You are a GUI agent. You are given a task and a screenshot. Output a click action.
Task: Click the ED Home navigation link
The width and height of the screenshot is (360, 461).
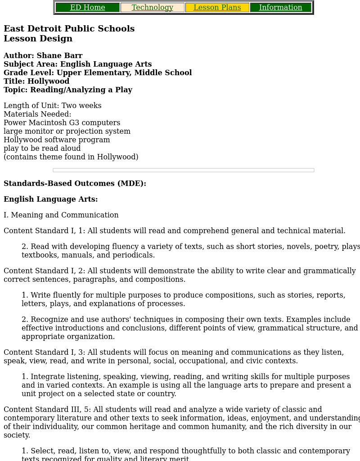pos(87,8)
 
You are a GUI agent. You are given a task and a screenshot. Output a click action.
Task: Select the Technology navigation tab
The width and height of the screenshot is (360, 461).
pos(152,8)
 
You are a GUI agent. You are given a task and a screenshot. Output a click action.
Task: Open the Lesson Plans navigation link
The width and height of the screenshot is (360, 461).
pos(217,8)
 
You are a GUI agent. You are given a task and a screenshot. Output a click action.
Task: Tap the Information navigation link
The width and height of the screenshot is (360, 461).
pos(280,8)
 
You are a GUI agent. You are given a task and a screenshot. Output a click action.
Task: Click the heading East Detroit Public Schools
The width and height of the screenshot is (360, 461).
pos(69,29)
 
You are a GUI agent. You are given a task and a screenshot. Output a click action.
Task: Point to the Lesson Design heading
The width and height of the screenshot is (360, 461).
pos(38,39)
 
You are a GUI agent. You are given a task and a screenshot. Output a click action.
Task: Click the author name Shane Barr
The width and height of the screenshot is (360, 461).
pos(59,56)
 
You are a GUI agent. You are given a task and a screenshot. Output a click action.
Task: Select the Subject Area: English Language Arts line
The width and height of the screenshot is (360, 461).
pos(77,64)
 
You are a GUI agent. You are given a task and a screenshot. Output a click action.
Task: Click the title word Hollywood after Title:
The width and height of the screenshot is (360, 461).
pos(48,81)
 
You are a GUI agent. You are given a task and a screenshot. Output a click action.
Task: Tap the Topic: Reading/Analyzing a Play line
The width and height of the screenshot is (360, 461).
pos(67,90)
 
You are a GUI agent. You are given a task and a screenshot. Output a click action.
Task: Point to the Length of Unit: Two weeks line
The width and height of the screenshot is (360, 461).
pos(52,106)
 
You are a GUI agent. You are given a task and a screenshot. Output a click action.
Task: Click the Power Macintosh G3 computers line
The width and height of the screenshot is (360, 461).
pos(62,123)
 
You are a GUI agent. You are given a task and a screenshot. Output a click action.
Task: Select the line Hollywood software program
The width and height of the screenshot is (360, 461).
pos(57,140)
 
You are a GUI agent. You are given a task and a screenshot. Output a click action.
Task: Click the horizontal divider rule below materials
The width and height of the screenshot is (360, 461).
pos(183,170)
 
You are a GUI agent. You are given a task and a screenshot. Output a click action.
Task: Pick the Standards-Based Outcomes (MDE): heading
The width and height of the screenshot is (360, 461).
pos(75,184)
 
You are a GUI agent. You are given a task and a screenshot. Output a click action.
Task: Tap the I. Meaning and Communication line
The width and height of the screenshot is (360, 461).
pos(61,215)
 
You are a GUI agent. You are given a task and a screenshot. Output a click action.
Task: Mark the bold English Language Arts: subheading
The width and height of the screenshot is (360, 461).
pos(50,199)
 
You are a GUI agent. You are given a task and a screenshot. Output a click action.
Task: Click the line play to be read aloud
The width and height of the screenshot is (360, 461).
pos(42,149)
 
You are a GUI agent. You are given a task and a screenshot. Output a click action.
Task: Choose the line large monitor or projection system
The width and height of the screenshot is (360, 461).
pos(67,131)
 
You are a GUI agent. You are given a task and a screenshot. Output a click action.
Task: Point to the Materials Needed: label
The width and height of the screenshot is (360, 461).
pos(37,114)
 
